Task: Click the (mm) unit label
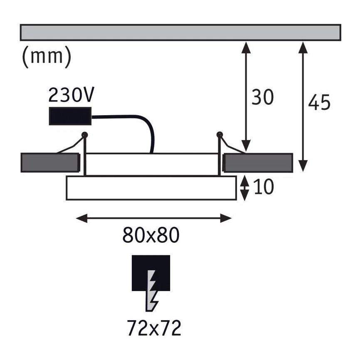pyautogui.click(x=46, y=57)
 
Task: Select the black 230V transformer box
pyautogui.click(x=70, y=116)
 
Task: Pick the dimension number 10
pyautogui.click(x=263, y=187)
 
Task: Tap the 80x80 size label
pyautogui.click(x=151, y=235)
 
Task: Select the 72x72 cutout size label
pyautogui.click(x=153, y=328)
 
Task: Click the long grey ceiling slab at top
pyautogui.click(x=180, y=32)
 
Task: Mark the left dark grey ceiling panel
pyautogui.click(x=50, y=163)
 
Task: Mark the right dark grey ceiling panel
pyautogui.click(x=258, y=163)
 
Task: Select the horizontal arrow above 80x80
pyautogui.click(x=154, y=218)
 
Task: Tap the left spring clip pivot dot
pyautogui.click(x=85, y=134)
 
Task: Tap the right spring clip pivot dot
pyautogui.click(x=220, y=134)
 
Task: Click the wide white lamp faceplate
pyautogui.click(x=151, y=188)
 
